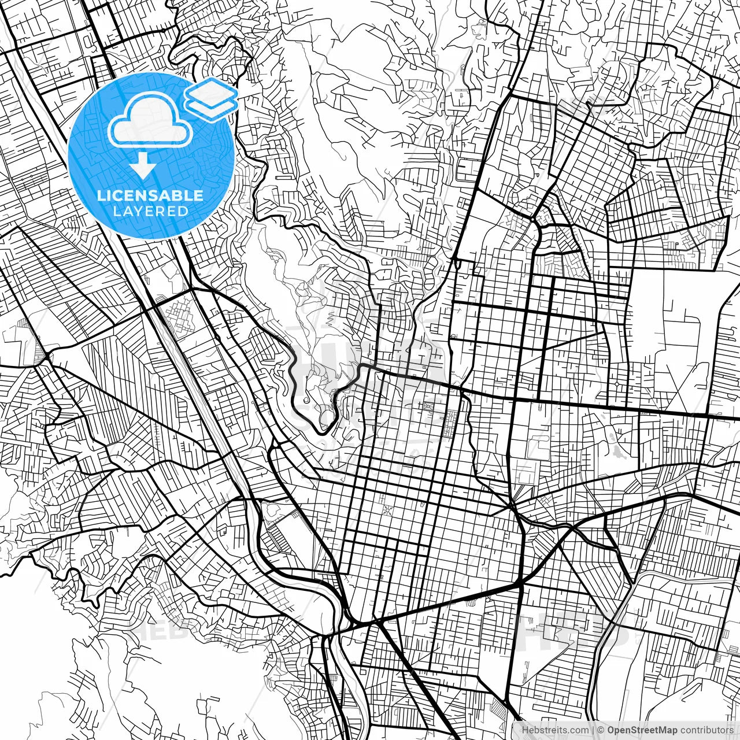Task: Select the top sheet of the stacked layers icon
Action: tap(211, 91)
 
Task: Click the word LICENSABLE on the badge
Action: tap(150, 195)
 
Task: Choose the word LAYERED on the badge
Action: tap(150, 211)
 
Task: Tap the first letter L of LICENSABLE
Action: tap(101, 195)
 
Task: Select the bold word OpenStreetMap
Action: tap(641, 730)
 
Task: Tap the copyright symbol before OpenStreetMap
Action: tap(601, 730)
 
